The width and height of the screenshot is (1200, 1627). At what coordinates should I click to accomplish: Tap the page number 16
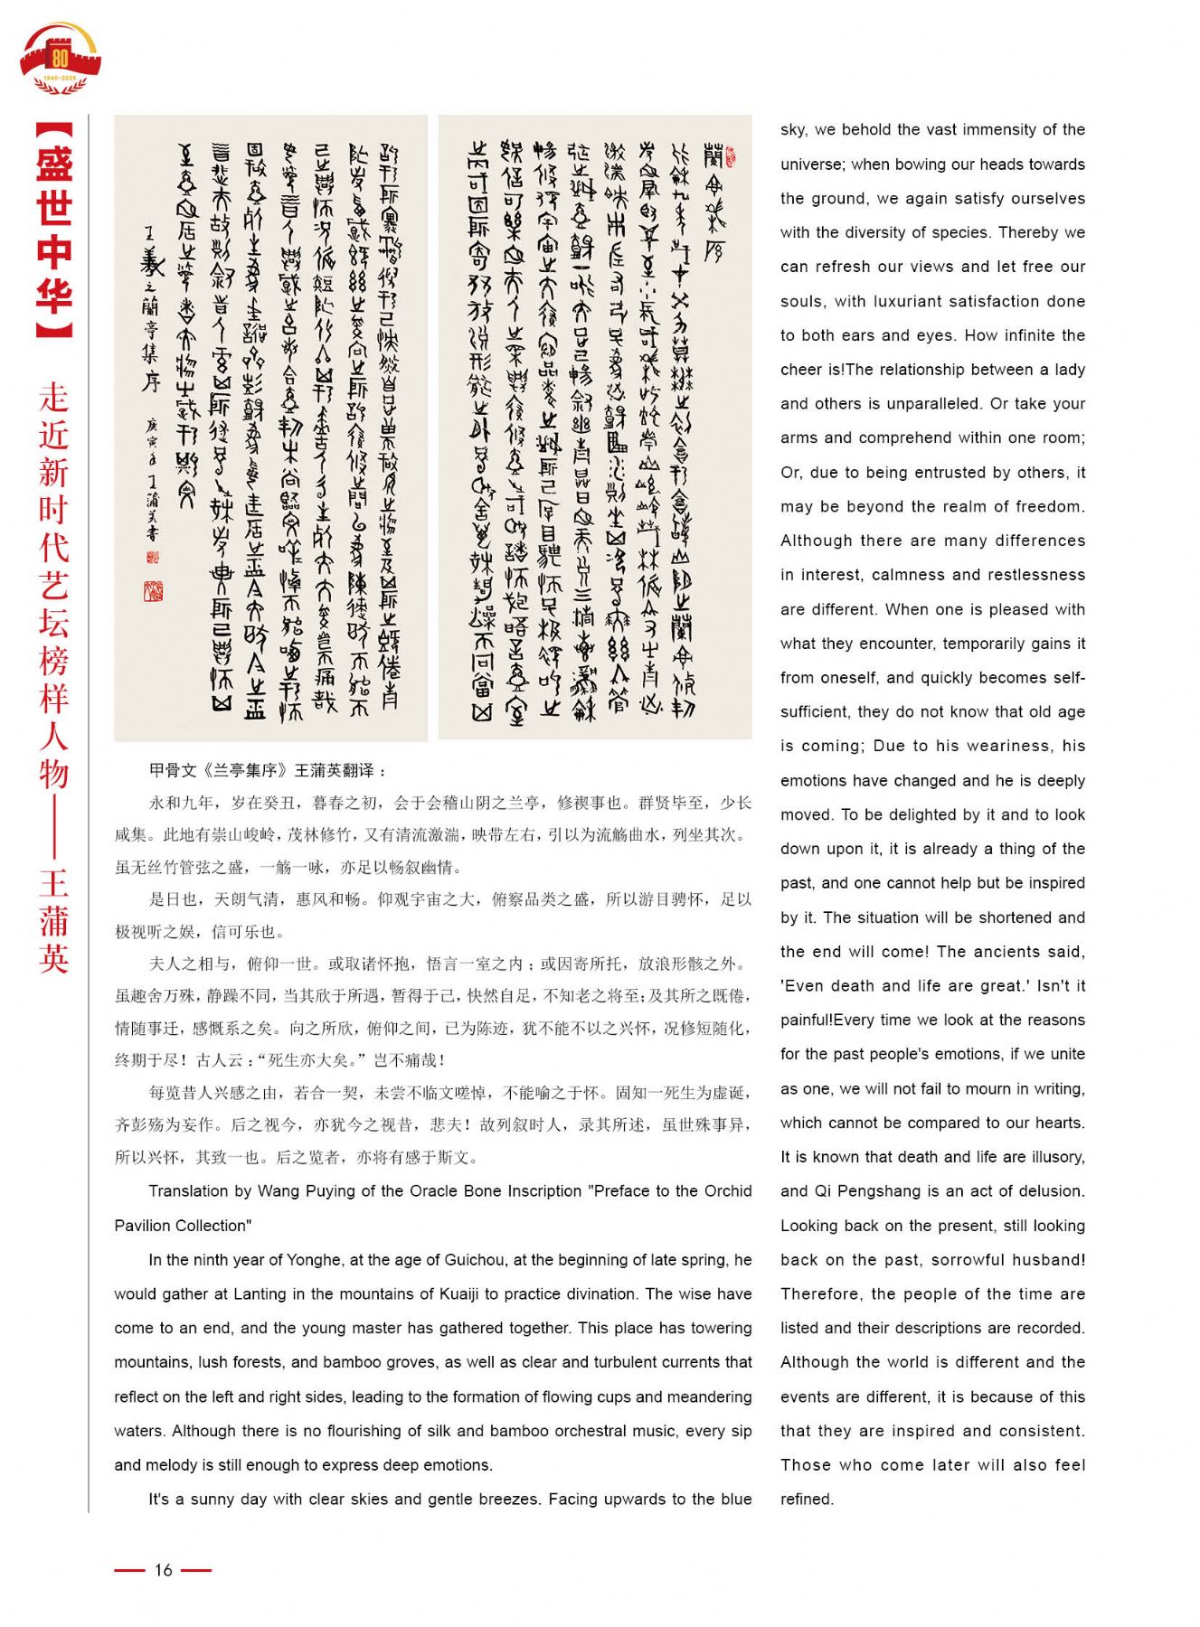(163, 1570)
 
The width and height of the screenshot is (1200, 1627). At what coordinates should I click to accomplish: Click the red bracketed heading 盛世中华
(54, 230)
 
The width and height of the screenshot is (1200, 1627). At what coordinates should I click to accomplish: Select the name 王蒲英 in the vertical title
(54, 921)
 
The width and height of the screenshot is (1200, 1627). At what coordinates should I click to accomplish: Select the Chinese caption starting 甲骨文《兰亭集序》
(268, 770)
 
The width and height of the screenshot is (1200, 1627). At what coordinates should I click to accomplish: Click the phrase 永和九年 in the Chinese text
(181, 803)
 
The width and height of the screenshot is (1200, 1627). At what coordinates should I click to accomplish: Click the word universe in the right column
(812, 165)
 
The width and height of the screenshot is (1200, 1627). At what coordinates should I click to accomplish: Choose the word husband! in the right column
(1049, 1260)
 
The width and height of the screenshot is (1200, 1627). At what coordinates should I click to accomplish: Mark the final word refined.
(807, 1500)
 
